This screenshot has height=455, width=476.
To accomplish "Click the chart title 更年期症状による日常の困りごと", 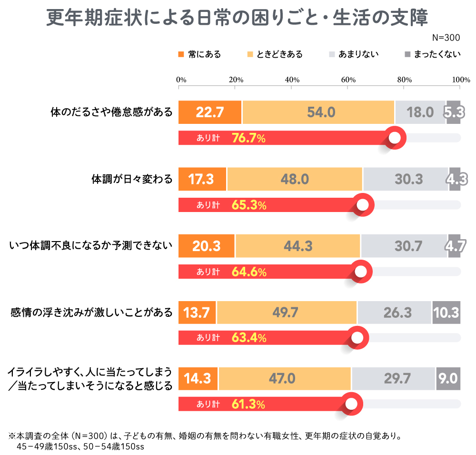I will click(x=238, y=18).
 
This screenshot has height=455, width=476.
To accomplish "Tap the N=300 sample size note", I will click(x=446, y=38).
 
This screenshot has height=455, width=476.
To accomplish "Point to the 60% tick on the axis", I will click(x=348, y=80).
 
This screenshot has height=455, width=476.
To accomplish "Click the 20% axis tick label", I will click(x=236, y=80).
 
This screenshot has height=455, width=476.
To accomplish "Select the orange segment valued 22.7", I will click(x=210, y=112).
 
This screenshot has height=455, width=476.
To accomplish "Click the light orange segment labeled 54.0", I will click(x=318, y=112).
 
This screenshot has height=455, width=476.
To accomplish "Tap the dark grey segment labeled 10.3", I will click(x=446, y=313).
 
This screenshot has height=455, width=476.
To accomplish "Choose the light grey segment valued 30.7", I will click(x=404, y=246).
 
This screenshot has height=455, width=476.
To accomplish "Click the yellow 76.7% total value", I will click(x=248, y=138).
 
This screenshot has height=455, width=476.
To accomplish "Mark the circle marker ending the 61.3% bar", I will click(x=351, y=404).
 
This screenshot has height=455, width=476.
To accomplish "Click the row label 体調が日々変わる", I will click(x=132, y=180).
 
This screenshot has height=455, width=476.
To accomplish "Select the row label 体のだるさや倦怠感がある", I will click(x=111, y=113).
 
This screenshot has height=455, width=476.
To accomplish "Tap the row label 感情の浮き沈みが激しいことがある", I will click(x=91, y=313).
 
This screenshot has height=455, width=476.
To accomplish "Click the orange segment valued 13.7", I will click(x=197, y=313).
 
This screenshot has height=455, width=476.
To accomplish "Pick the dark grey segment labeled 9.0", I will click(x=448, y=379).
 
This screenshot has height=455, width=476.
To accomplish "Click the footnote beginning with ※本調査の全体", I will click(x=205, y=435).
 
